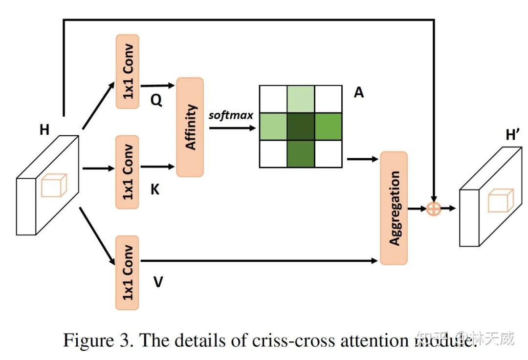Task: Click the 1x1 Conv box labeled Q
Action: pyautogui.click(x=128, y=71)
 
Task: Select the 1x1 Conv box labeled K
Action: pyautogui.click(x=128, y=172)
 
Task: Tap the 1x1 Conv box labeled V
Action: pyautogui.click(x=128, y=273)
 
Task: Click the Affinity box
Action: pyautogui.click(x=190, y=127)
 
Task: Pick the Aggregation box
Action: pyautogui.click(x=394, y=208)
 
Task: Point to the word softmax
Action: pyautogui.click(x=231, y=115)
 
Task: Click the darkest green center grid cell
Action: pyautogui.click(x=301, y=127)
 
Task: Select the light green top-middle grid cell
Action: pyautogui.click(x=301, y=99)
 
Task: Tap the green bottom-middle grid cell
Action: pyautogui.click(x=301, y=154)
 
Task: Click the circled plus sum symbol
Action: pyautogui.click(x=434, y=209)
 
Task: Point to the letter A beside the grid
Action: pyautogui.click(x=359, y=92)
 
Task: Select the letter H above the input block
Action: pyautogui.click(x=44, y=129)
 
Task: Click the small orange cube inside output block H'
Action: pyautogui.click(x=501, y=201)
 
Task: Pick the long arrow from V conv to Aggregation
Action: pyautogui.click(x=259, y=261)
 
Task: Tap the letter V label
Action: pyautogui.click(x=158, y=282)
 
